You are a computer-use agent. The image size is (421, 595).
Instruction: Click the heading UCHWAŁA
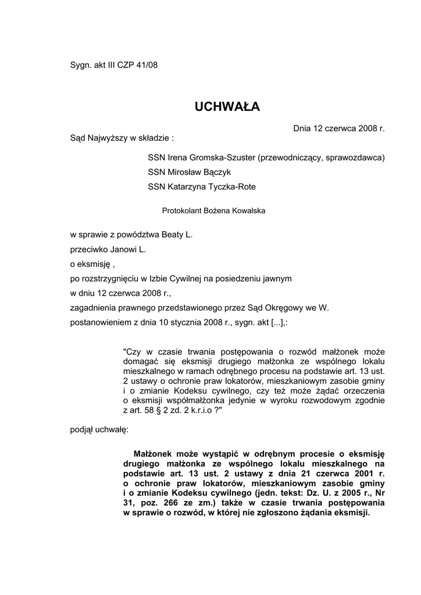click(227, 107)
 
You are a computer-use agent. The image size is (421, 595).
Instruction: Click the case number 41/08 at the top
click(146, 65)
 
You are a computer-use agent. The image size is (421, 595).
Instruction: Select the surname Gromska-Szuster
click(223, 157)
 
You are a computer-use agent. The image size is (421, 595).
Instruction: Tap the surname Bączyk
click(215, 173)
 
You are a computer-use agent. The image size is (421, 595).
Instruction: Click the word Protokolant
click(180, 211)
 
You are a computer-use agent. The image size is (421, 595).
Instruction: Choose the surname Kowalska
click(247, 211)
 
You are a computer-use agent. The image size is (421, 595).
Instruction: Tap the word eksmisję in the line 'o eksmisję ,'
click(94, 264)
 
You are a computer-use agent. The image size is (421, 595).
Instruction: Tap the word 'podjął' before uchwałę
click(81, 431)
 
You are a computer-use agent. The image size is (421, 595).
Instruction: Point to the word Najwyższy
click(106, 138)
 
